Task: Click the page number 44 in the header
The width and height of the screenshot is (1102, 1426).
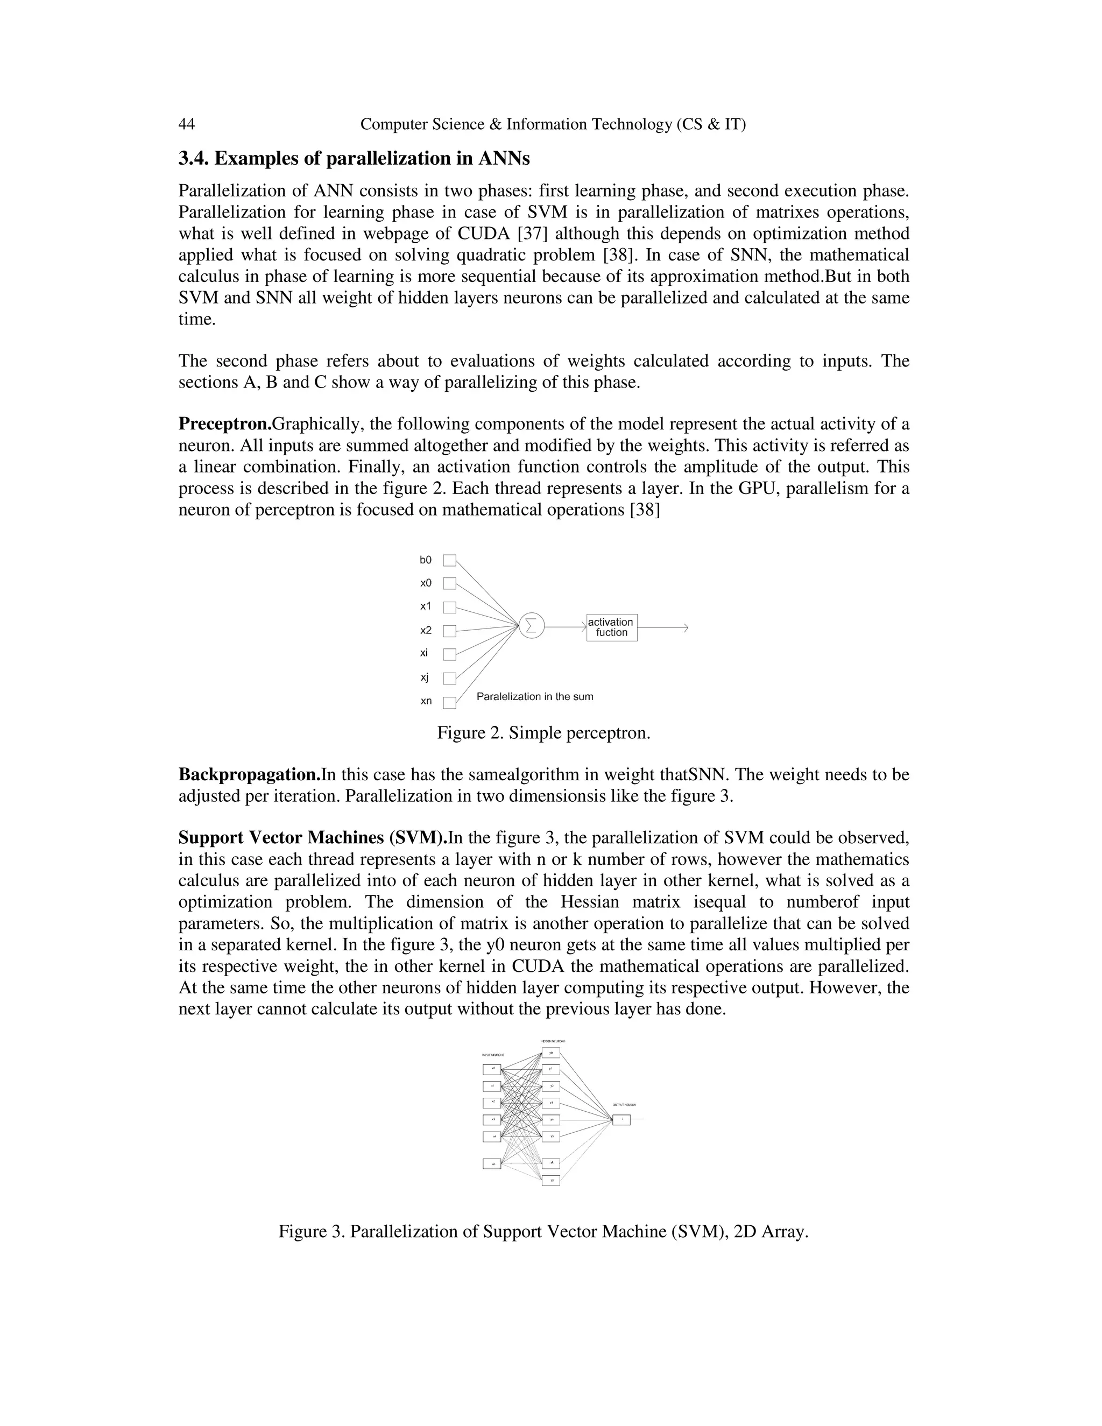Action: point(187,124)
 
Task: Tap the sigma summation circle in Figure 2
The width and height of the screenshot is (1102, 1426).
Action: point(532,626)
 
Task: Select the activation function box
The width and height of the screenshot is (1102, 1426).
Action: point(612,627)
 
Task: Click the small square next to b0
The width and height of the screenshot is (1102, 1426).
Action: point(449,560)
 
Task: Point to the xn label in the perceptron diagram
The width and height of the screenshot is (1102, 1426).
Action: point(426,701)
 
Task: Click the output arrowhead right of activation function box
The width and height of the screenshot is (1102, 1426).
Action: point(686,627)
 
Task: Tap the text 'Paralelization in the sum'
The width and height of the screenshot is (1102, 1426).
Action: point(535,697)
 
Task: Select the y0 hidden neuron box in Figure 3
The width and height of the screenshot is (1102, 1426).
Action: point(551,1053)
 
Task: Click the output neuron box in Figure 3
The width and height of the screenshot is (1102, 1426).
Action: point(621,1120)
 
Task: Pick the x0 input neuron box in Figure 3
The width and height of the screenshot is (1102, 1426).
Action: point(492,1069)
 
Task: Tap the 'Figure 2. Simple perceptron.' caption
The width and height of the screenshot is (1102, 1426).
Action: point(543,732)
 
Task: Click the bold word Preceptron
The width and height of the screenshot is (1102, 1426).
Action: point(224,425)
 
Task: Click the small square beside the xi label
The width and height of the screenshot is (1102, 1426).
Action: point(449,654)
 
